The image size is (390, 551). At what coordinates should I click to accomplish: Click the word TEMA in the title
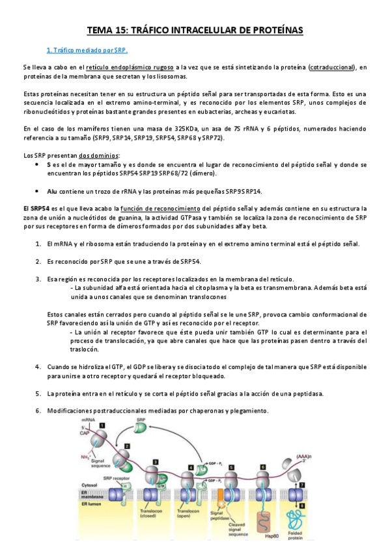[102, 30]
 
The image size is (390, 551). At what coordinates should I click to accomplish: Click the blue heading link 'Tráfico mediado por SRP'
[87, 50]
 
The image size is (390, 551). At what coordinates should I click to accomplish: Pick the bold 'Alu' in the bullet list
[52, 191]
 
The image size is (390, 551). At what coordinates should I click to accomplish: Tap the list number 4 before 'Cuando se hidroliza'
[38, 366]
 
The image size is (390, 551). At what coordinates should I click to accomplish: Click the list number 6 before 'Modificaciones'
[38, 411]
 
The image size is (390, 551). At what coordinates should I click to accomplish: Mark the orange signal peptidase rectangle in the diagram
[219, 496]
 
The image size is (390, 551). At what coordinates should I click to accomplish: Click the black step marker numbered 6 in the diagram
[260, 468]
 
